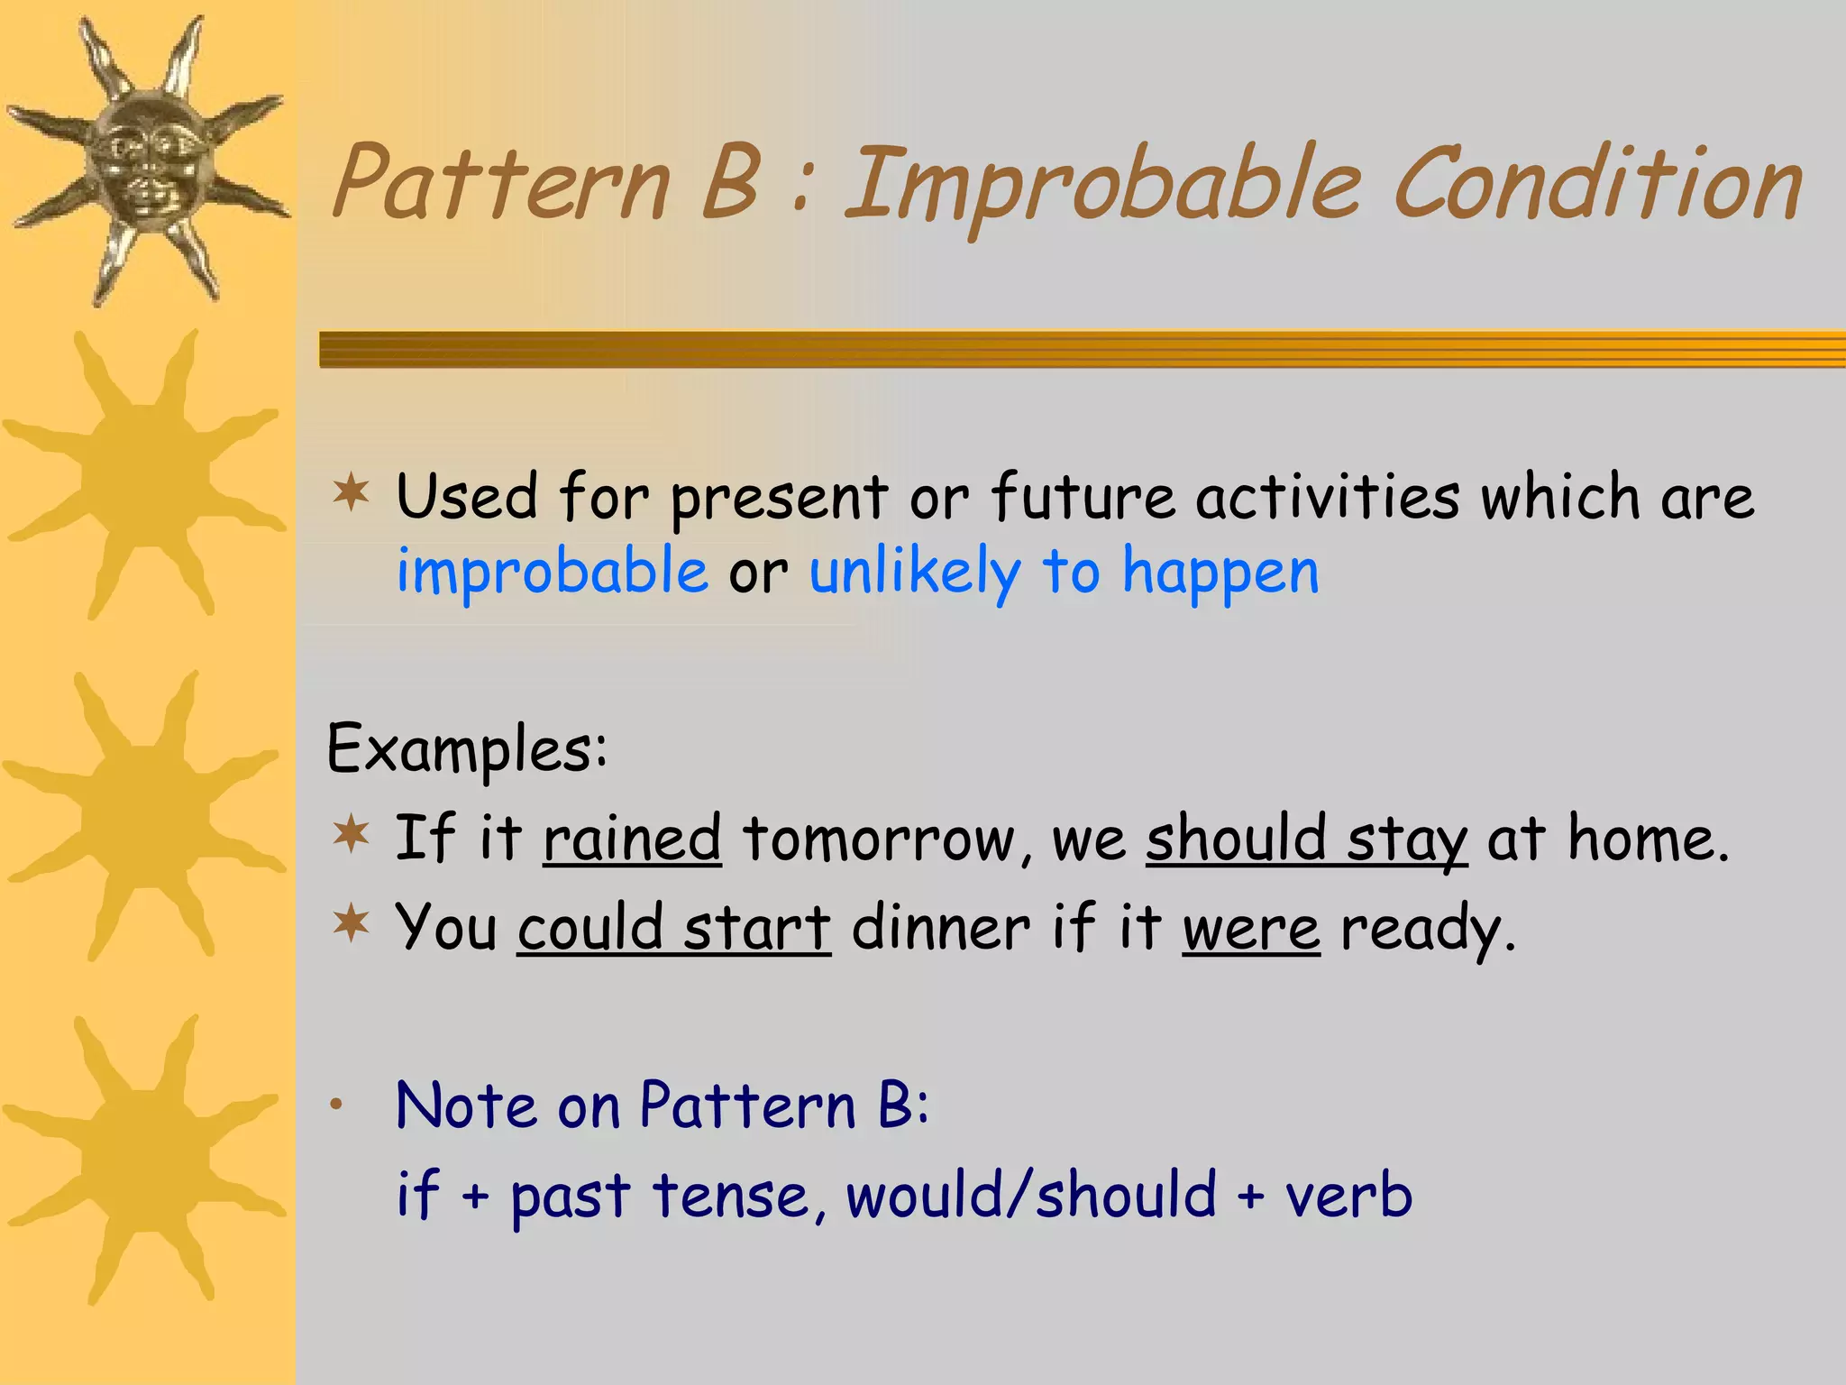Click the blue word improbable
(x=553, y=572)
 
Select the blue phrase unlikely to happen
(x=1064, y=572)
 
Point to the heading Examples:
(x=467, y=748)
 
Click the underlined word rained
(x=632, y=839)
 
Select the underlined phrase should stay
(x=1306, y=839)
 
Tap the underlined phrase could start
(x=673, y=928)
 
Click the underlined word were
(x=1250, y=928)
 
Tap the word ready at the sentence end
(x=1427, y=930)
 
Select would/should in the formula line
(x=1031, y=1196)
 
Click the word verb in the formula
(x=1348, y=1196)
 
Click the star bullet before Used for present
(x=351, y=493)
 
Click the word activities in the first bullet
(x=1327, y=497)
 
